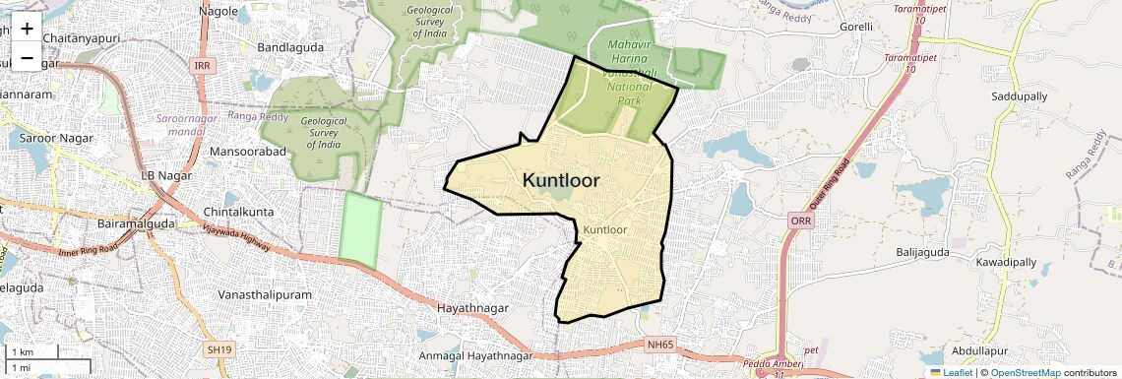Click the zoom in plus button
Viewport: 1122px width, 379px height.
[27, 28]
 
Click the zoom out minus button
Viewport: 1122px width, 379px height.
[27, 57]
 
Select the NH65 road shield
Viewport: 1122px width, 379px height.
[662, 345]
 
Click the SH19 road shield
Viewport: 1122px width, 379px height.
[219, 348]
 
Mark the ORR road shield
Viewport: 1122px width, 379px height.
[799, 221]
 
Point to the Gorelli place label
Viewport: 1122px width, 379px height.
[855, 27]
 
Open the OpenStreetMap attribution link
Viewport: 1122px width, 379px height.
[1025, 372]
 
